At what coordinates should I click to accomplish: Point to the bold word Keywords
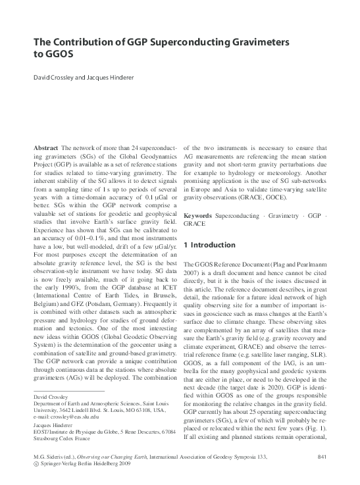tap(198, 216)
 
